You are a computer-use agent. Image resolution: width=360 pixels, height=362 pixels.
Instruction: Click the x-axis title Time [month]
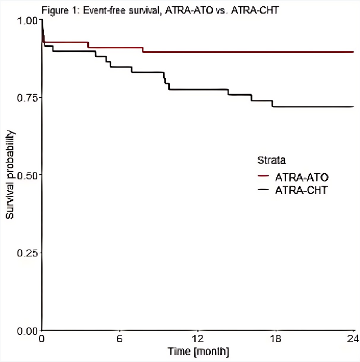coord(198,352)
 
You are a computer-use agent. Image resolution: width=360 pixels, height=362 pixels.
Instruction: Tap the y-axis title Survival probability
coord(10,175)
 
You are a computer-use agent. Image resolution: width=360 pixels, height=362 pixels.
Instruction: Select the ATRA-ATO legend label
coord(302,176)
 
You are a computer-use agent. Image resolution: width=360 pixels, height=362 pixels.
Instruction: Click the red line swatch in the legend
coord(265,176)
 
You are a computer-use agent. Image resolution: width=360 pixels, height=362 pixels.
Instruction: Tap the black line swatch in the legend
coord(265,190)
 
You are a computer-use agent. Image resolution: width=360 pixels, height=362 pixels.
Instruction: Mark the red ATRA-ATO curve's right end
coord(353,52)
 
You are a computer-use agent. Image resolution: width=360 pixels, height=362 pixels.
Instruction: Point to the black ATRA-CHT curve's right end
coord(353,107)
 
